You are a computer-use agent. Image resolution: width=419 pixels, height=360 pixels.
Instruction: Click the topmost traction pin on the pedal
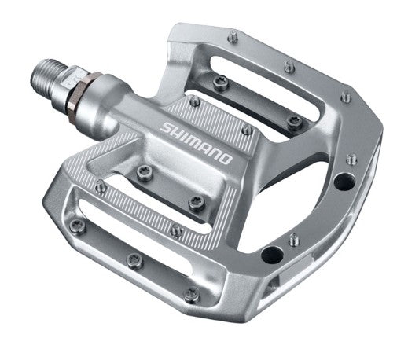pyautogui.click(x=233, y=35)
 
